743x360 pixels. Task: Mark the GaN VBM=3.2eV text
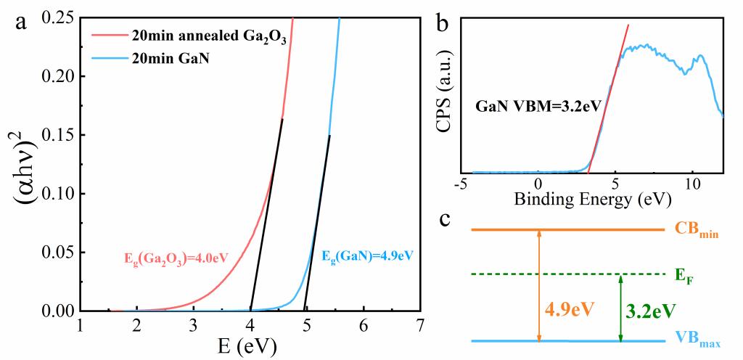coord(538,105)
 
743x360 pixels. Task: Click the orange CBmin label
coord(696,231)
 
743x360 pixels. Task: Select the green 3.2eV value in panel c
coord(651,311)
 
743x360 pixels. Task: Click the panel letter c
coord(448,218)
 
